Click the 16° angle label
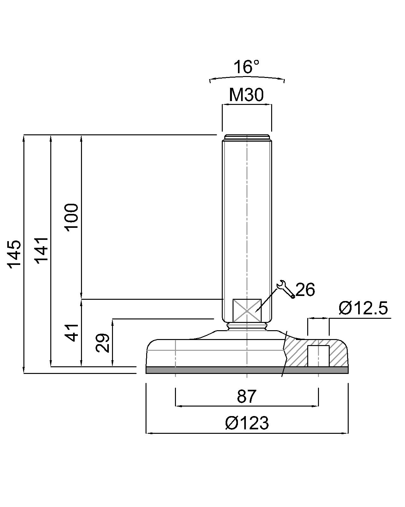[x=246, y=67]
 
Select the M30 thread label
[x=246, y=95]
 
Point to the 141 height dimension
[x=42, y=249]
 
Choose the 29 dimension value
[x=103, y=343]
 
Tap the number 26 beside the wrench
[x=305, y=290]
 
